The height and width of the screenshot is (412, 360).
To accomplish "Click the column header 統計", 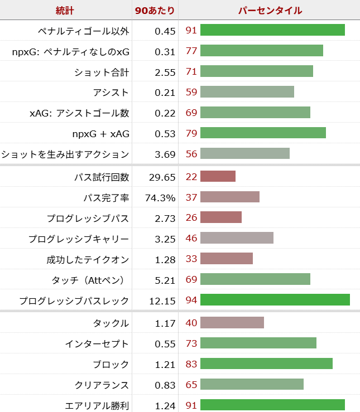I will click(x=65, y=10).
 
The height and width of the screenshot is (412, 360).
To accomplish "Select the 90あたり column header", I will click(x=155, y=10).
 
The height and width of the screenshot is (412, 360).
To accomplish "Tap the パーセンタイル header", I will click(x=270, y=10).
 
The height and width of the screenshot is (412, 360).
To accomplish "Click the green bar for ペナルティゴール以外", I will click(x=272, y=30).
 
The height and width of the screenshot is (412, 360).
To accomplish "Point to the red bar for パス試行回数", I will click(x=218, y=177).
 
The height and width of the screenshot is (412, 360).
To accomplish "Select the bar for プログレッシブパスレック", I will click(x=275, y=300).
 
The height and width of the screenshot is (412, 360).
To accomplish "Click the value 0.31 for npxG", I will click(x=165, y=51).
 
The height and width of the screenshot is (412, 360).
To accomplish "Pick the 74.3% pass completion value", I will click(x=161, y=197).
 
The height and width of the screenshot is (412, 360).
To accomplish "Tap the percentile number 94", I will click(x=191, y=300).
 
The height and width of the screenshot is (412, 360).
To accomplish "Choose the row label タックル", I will click(x=111, y=323).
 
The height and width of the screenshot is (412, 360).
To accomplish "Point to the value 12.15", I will click(x=162, y=300).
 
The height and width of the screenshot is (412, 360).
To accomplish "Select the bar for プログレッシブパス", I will click(x=220, y=218).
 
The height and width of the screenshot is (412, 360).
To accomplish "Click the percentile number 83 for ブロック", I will click(x=191, y=364).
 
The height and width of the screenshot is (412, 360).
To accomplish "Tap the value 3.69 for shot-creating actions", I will click(x=165, y=154).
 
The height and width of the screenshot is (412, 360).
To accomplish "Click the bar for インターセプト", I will click(x=258, y=343).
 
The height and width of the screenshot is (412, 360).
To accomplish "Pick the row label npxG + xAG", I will click(x=100, y=134).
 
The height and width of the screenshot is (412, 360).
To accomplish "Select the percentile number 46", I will click(x=191, y=239).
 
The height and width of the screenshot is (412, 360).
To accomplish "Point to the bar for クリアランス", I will click(x=252, y=385).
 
